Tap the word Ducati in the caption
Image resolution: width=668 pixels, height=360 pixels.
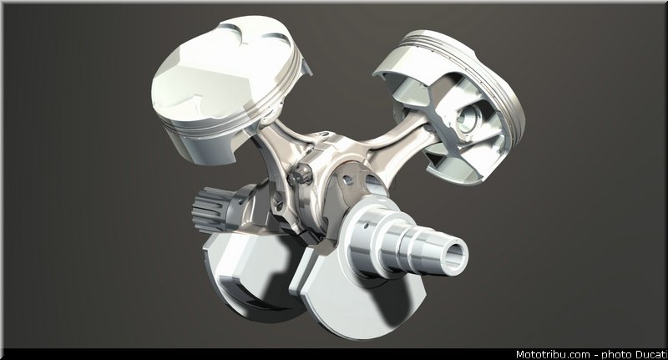click(x=651, y=354)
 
